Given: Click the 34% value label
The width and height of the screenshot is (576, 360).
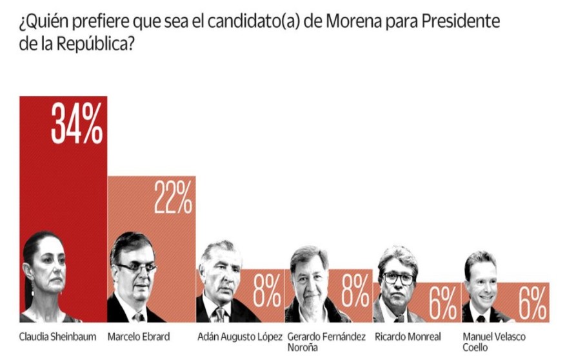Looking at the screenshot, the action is (x=77, y=123).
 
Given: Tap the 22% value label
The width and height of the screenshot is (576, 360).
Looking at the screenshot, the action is (x=173, y=197).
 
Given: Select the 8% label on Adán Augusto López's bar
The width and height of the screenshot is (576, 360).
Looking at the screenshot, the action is (x=266, y=291).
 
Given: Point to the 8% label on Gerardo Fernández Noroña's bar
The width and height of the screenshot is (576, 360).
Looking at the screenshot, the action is (x=355, y=291).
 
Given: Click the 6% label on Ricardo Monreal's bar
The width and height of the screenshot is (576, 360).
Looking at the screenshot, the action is (x=443, y=303).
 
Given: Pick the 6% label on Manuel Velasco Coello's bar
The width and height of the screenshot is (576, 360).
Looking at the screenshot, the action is (x=532, y=303).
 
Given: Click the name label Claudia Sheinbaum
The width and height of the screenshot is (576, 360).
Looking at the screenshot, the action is (x=57, y=337).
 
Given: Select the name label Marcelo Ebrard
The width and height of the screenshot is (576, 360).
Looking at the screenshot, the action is (x=139, y=337).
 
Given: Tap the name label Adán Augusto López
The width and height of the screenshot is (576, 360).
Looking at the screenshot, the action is (x=240, y=337).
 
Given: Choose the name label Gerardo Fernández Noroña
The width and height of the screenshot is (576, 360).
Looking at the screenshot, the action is (x=326, y=342).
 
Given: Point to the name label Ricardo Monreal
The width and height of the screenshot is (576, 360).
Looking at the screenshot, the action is (x=408, y=337).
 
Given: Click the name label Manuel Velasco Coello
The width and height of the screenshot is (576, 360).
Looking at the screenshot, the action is (x=494, y=342).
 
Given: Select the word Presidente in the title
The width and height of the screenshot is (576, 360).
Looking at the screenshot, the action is (x=461, y=21).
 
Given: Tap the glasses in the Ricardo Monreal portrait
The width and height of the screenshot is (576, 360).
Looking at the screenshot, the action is (x=399, y=279).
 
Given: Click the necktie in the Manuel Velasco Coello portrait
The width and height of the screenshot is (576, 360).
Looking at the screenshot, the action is (x=481, y=319).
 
